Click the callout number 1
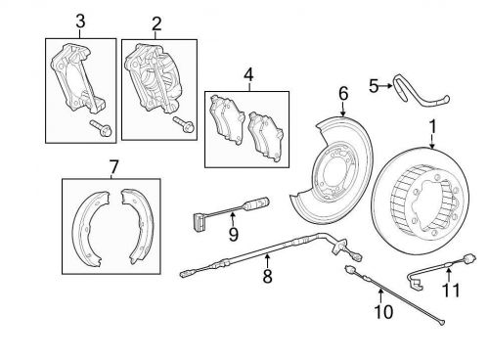click(x=432, y=127)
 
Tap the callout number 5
click(x=374, y=86)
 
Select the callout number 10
click(x=383, y=311)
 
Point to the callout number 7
click(x=112, y=168)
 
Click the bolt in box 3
click(x=101, y=128)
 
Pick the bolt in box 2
click(x=184, y=124)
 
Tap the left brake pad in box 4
click(x=227, y=119)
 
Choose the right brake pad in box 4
click(x=265, y=136)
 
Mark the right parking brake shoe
click(x=138, y=226)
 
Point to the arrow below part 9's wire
click(x=233, y=219)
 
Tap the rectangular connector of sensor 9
click(x=199, y=222)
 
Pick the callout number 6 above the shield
click(x=343, y=94)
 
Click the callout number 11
click(x=451, y=290)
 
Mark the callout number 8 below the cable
click(x=267, y=276)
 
